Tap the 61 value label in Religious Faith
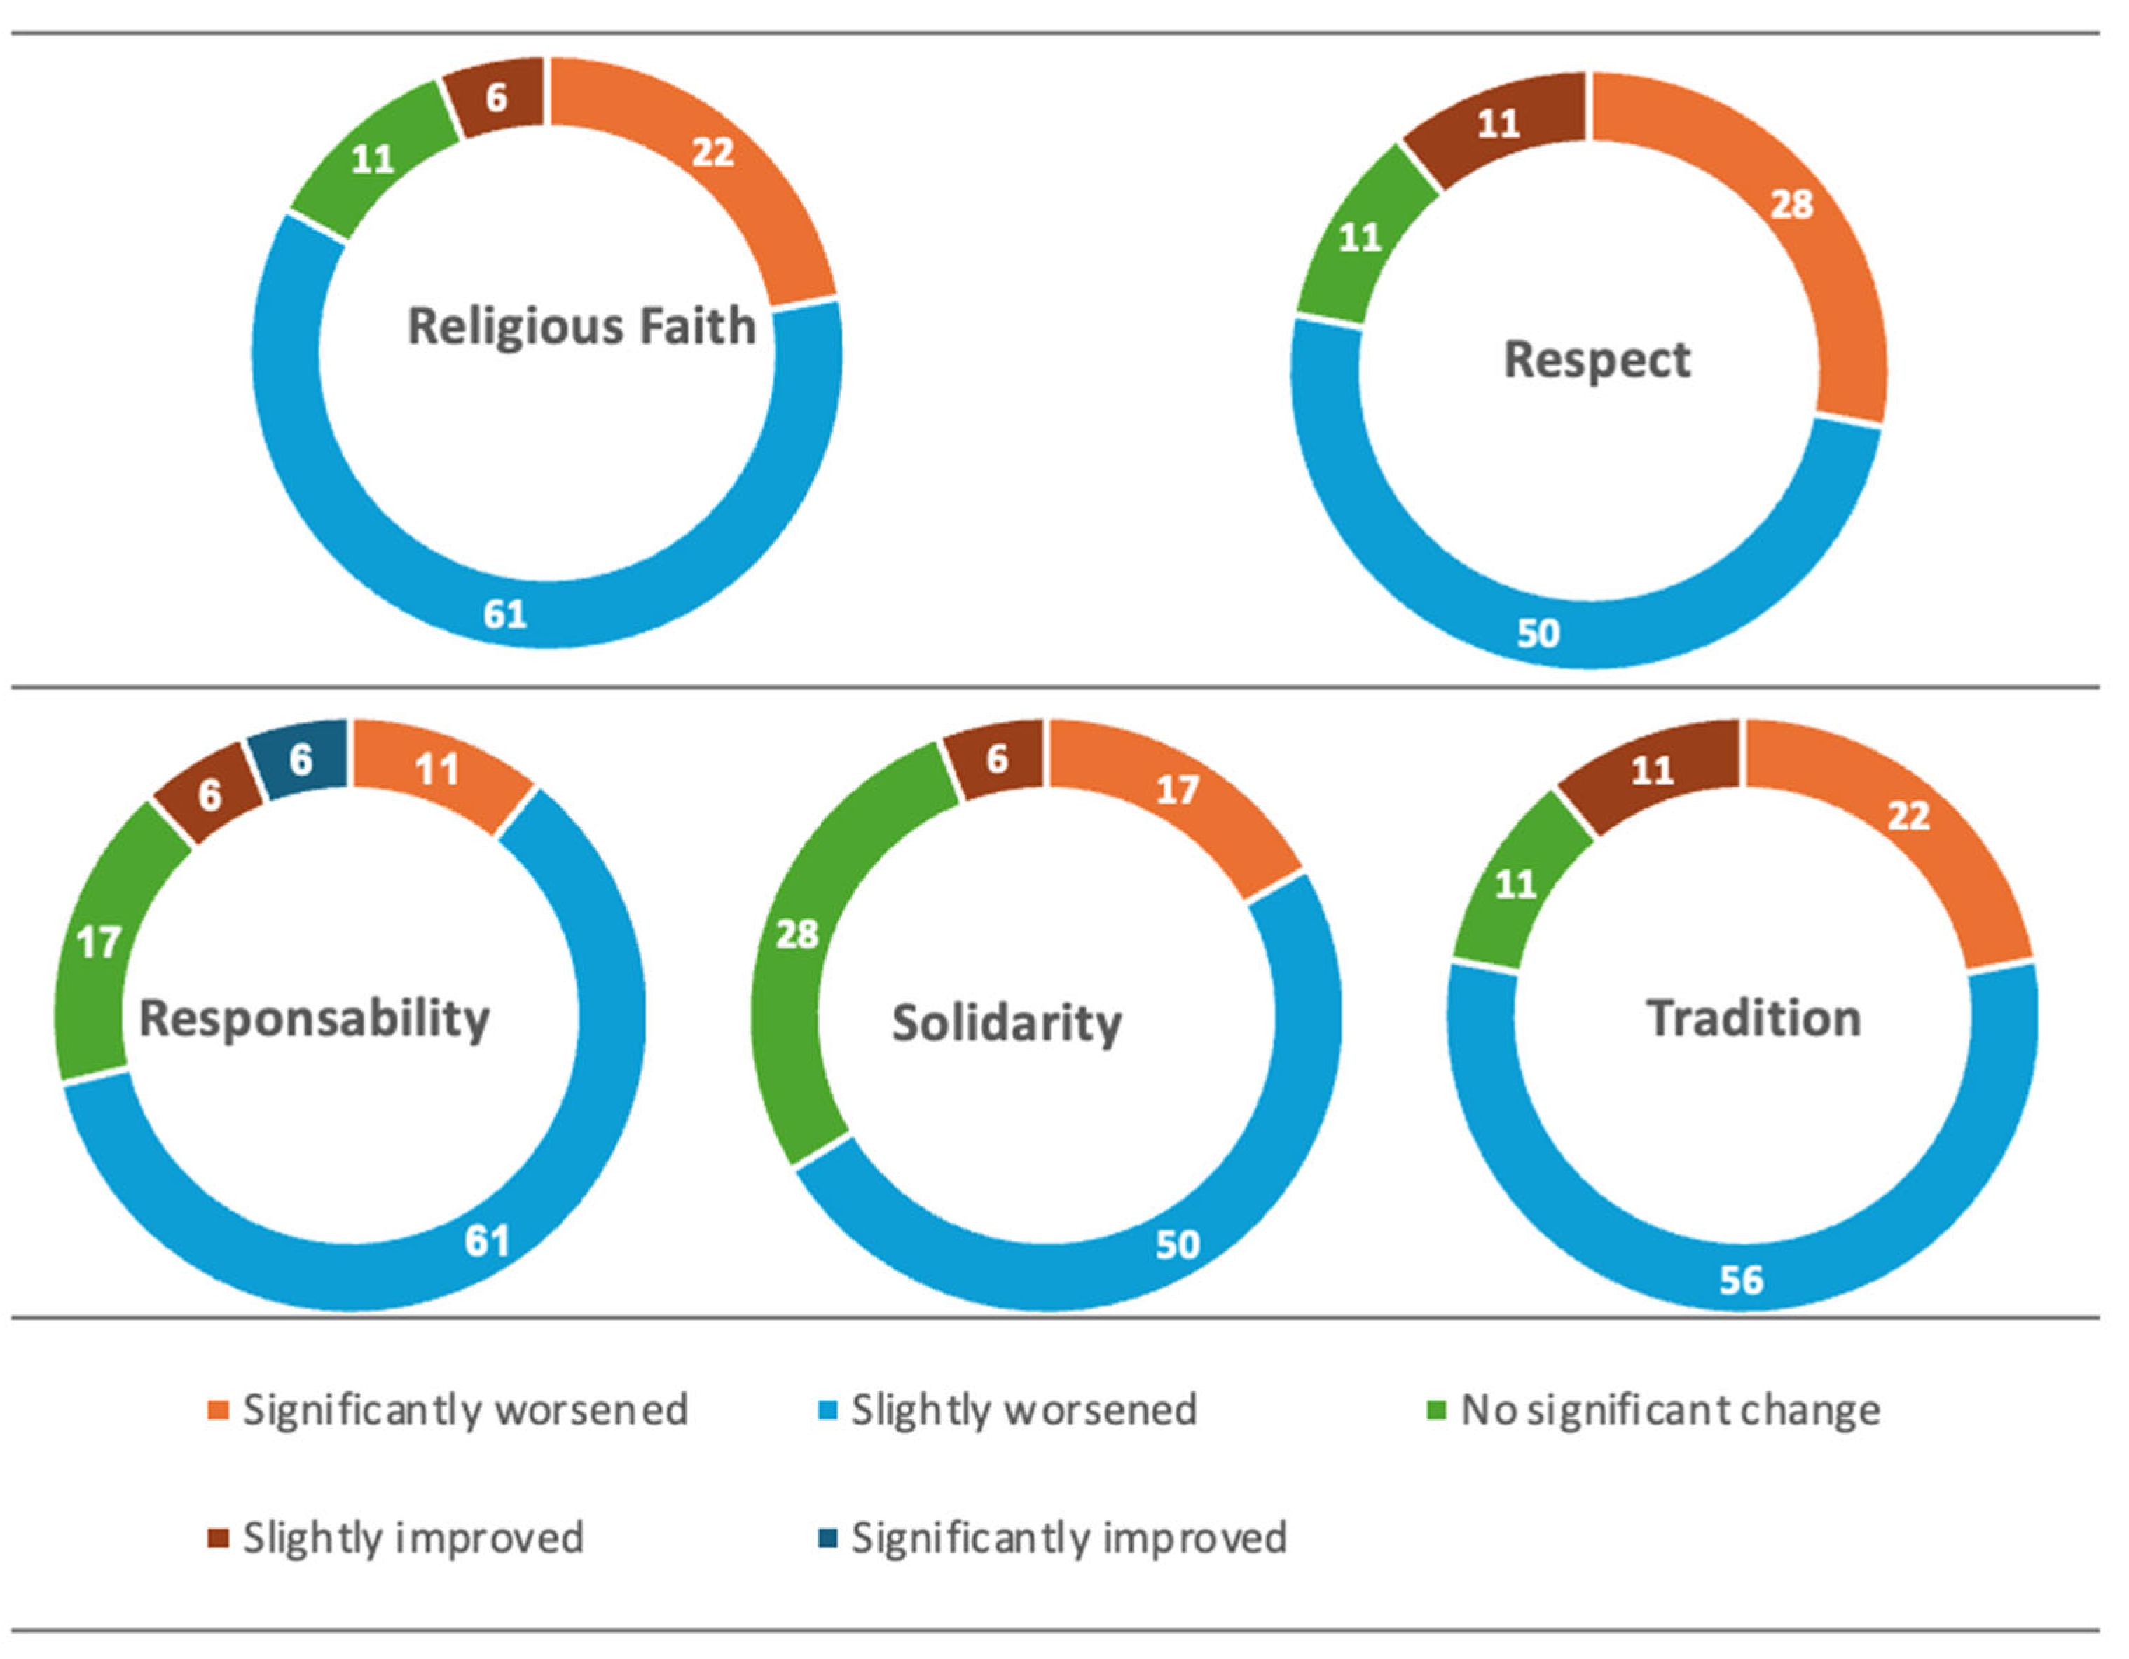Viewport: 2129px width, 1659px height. pos(505,614)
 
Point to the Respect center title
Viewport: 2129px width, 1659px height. pos(1597,359)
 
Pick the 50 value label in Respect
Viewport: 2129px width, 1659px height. pos(1538,633)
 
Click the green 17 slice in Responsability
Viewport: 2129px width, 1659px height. pos(99,942)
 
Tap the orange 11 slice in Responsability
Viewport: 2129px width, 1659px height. pos(436,770)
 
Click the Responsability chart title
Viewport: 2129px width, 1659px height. pos(314,1019)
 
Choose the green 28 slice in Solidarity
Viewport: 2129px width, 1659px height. pos(797,935)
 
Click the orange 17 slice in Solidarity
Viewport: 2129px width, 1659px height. pos(1178,790)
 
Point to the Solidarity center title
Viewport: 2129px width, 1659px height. pos(1007,1024)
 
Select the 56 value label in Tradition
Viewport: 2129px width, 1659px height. pos(1741,1280)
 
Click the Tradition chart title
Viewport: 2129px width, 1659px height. pos(1754,1019)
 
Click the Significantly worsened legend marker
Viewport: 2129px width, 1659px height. pos(219,1410)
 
